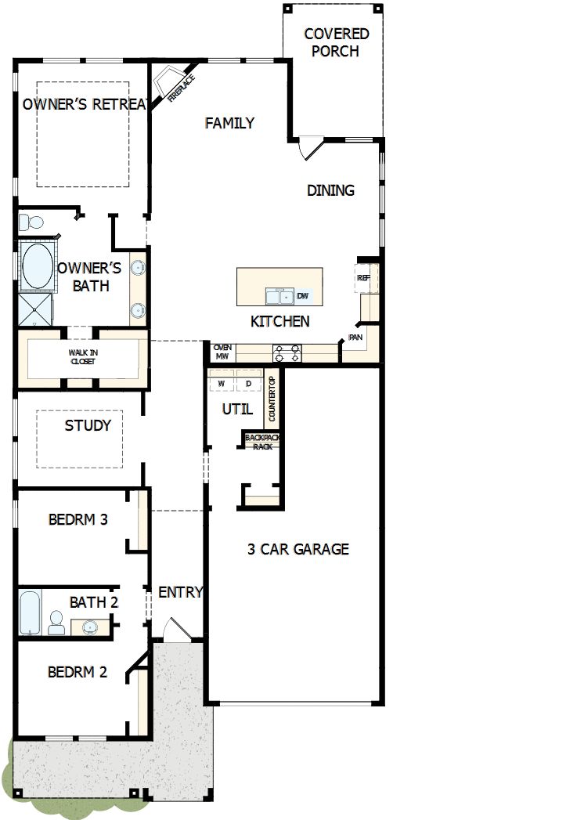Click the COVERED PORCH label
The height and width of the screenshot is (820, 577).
click(x=336, y=43)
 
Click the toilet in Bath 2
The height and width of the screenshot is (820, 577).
click(x=56, y=623)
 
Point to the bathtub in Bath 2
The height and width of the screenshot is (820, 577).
click(x=29, y=613)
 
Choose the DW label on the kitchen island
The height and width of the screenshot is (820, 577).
click(x=303, y=296)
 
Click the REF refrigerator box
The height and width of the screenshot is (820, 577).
click(x=363, y=278)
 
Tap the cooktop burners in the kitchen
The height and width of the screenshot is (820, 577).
click(x=287, y=353)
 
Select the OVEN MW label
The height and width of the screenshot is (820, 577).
click(x=222, y=352)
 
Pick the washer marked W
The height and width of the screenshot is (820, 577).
click(x=222, y=384)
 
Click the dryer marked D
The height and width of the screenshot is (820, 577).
click(x=248, y=384)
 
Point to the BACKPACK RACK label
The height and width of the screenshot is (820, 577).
click(x=261, y=442)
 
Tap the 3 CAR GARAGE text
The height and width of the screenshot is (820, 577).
click(x=298, y=549)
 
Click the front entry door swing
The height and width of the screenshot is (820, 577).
click(x=176, y=630)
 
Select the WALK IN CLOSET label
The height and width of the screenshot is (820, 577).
click(x=83, y=357)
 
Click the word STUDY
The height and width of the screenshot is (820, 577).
click(x=88, y=426)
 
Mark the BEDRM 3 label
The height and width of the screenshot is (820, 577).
click(x=78, y=519)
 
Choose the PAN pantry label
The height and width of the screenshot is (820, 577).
click(x=355, y=338)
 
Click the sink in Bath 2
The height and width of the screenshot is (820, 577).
click(x=89, y=627)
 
